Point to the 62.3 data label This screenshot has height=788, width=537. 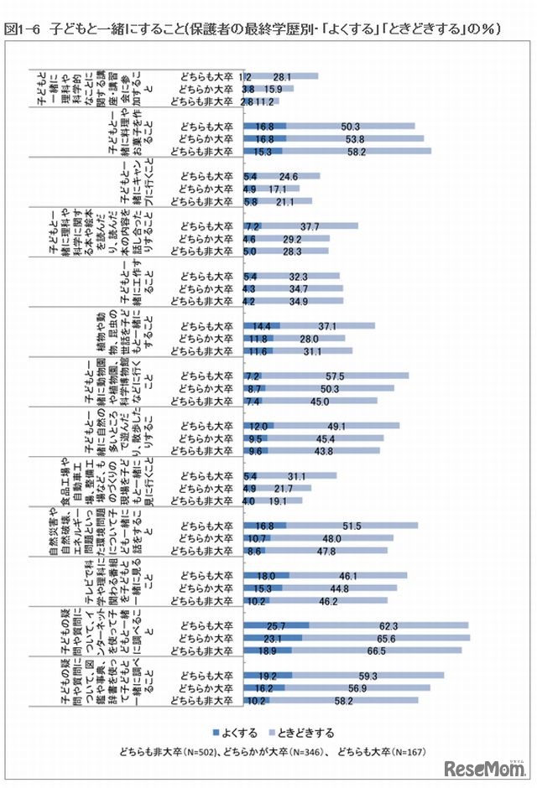(388, 626)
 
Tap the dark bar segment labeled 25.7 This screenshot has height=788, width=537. (276, 626)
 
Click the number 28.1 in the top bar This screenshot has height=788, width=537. (283, 76)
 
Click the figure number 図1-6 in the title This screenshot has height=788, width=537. (23, 29)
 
